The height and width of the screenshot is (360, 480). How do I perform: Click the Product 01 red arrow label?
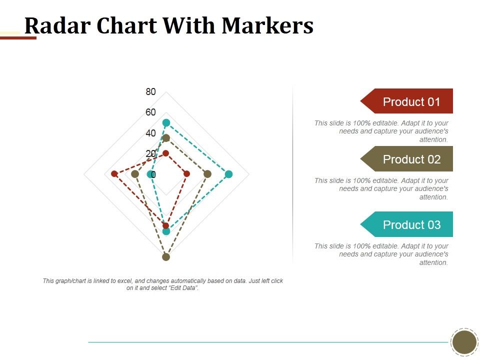(411, 101)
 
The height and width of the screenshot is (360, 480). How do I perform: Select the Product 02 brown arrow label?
(411, 159)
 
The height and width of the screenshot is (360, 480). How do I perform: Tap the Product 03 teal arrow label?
(411, 224)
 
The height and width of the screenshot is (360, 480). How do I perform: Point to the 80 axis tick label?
(150, 91)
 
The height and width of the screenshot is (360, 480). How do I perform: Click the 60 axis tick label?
(150, 112)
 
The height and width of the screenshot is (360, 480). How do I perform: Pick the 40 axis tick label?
(150, 133)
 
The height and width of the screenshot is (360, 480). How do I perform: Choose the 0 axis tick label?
(153, 174)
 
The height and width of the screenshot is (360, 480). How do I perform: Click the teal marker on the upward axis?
(166, 122)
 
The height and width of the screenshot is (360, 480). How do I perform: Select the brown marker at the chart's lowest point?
(166, 257)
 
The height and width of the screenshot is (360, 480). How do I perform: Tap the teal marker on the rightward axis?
(228, 174)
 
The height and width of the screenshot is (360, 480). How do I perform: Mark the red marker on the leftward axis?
(114, 173)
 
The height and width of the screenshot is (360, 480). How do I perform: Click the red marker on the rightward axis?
(186, 174)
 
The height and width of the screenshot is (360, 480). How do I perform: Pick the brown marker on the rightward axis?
(207, 174)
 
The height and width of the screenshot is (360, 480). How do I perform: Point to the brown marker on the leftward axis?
(134, 174)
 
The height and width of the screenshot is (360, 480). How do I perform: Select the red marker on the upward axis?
(166, 153)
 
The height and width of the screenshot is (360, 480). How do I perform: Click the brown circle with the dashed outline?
(464, 342)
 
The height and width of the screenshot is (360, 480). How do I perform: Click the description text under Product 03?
(381, 254)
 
